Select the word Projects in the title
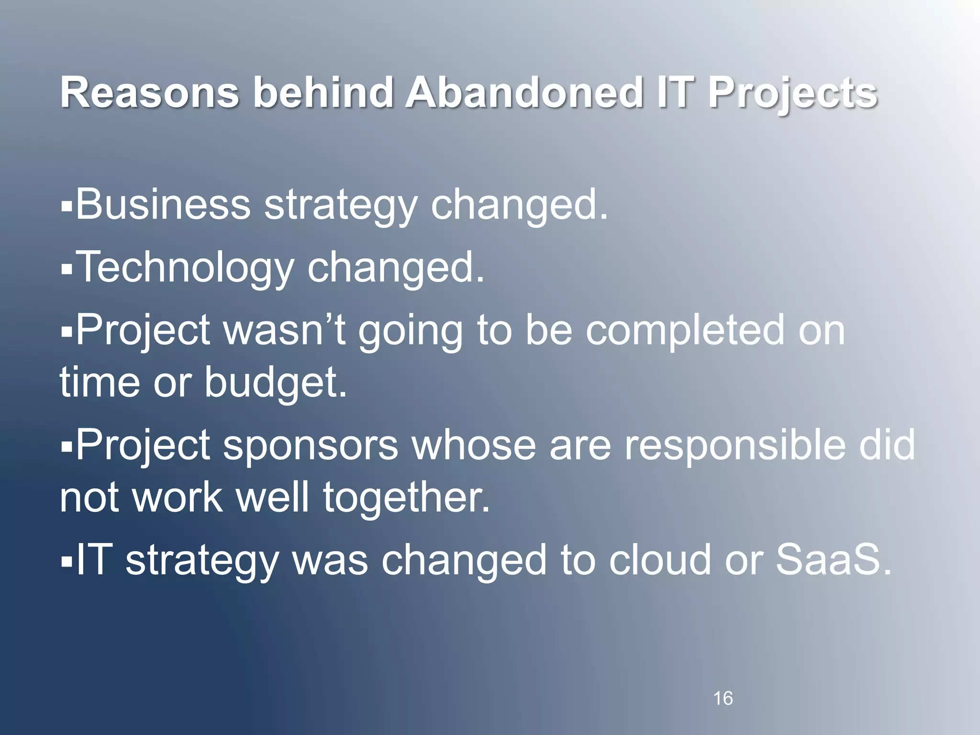(x=793, y=94)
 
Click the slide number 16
(x=723, y=698)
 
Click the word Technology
(x=184, y=268)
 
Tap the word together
(x=407, y=498)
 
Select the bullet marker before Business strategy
(x=67, y=207)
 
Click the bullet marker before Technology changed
(x=67, y=270)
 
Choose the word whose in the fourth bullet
(x=474, y=445)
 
